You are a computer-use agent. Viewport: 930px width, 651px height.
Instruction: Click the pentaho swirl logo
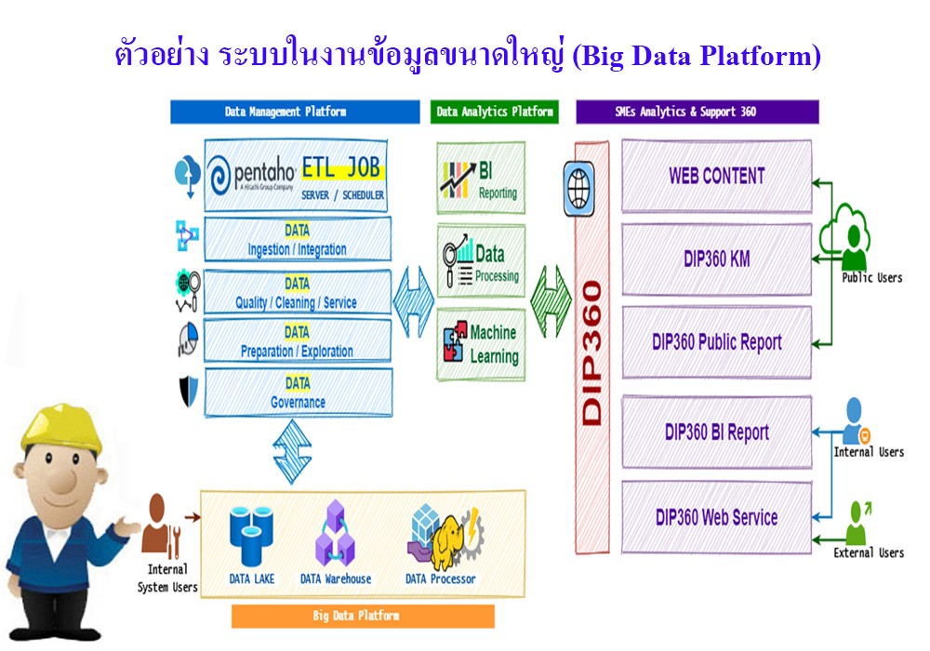[219, 175]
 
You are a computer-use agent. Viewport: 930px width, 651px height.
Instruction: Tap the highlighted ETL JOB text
[342, 168]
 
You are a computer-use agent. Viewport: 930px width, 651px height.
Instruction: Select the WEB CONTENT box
[716, 176]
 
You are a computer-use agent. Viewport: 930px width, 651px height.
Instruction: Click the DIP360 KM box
[716, 259]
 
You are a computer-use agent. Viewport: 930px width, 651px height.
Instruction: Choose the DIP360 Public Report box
[716, 342]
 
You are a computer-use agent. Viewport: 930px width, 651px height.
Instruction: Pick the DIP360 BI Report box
[716, 432]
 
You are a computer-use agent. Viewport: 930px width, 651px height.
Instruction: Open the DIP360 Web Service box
[716, 518]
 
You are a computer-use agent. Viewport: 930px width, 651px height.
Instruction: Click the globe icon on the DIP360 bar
[578, 189]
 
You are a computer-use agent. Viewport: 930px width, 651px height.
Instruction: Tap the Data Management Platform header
[295, 112]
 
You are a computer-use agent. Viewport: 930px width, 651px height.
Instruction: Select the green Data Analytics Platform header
[495, 112]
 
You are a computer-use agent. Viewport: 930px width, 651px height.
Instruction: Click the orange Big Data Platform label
[363, 616]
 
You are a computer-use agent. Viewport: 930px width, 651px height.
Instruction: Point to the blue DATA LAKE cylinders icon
[251, 536]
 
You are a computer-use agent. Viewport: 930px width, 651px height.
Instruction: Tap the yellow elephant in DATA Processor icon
[448, 541]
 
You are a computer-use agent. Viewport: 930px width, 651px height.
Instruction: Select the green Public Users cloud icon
[845, 235]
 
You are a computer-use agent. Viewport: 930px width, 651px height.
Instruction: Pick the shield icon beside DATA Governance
[189, 392]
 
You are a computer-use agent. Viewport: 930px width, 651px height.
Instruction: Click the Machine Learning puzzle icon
[456, 341]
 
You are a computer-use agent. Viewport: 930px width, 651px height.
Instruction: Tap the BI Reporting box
[481, 178]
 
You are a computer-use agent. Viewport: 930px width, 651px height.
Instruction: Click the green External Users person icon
[857, 523]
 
